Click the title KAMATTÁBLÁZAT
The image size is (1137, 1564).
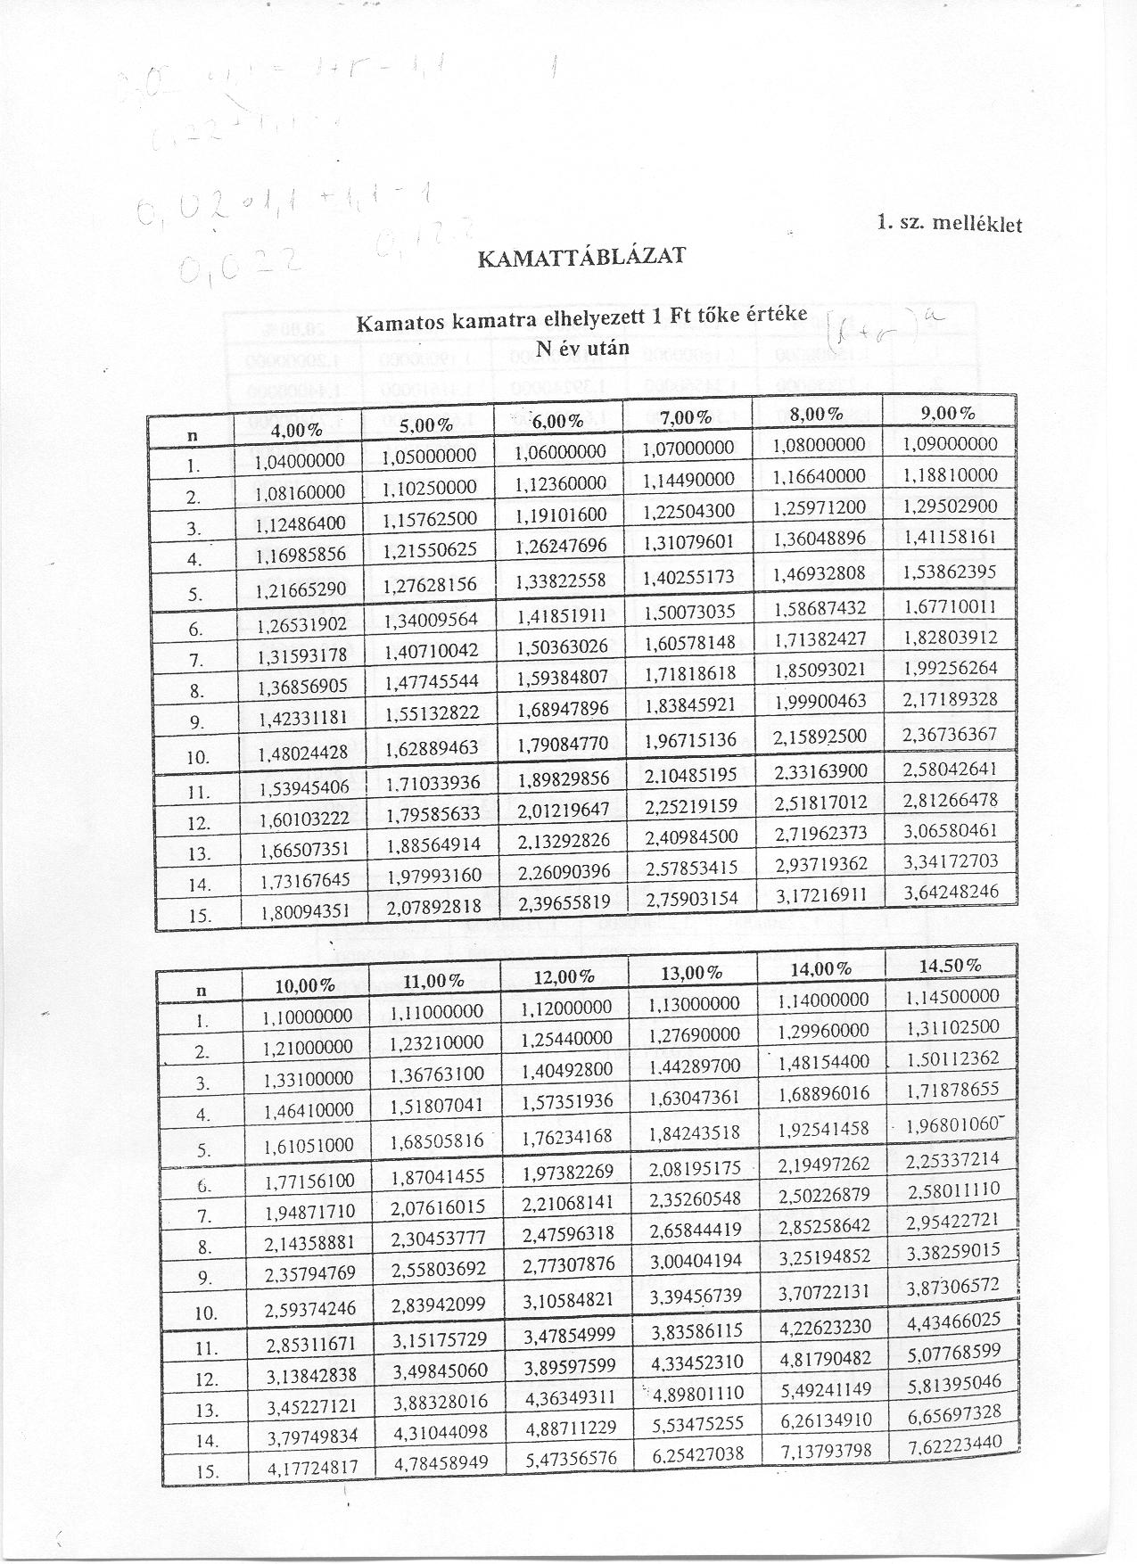pyautogui.click(x=581, y=257)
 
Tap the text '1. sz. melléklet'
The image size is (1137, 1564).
pyautogui.click(x=949, y=223)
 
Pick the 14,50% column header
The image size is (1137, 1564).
pyautogui.click(x=949, y=965)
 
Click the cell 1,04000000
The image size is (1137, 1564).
pyautogui.click(x=299, y=461)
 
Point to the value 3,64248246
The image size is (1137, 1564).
pyautogui.click(x=950, y=891)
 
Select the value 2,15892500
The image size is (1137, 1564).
pyautogui.click(x=820, y=737)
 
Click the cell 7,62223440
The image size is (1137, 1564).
pyautogui.click(x=954, y=1443)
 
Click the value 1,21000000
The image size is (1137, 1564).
pyautogui.click(x=309, y=1047)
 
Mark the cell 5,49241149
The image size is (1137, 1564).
pyautogui.click(x=823, y=1387)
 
